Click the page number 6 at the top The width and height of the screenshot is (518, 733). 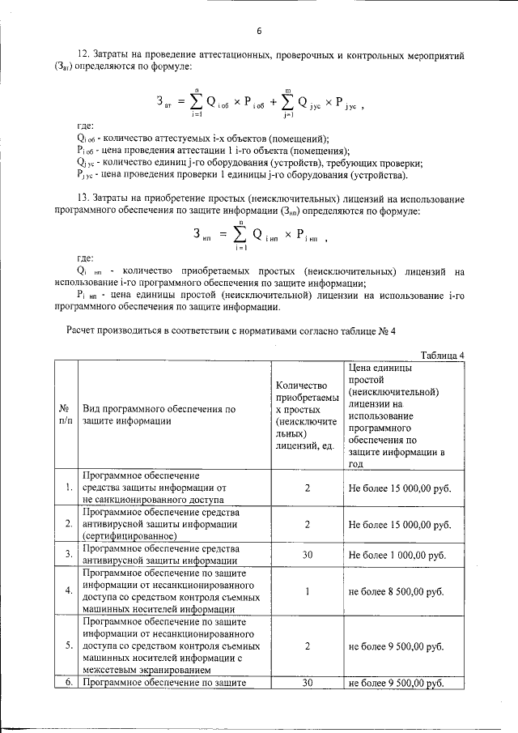tap(260, 32)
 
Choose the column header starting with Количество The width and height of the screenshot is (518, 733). tap(307, 415)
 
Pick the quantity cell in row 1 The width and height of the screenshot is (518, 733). tap(308, 488)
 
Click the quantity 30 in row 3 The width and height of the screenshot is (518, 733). tap(308, 555)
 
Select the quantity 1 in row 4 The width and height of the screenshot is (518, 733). tap(308, 591)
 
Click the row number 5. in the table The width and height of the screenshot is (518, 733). tap(69, 646)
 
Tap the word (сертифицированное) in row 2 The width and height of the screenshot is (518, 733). tap(129, 535)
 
